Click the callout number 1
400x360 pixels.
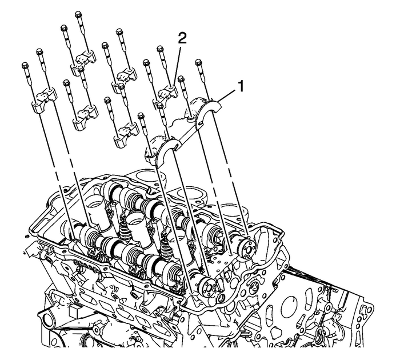coord(242,86)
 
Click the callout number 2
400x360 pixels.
coord(182,39)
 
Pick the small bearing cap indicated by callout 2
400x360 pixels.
coord(166,91)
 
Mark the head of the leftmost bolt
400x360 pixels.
coord(26,64)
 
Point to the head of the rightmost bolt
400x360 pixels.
coord(199,61)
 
